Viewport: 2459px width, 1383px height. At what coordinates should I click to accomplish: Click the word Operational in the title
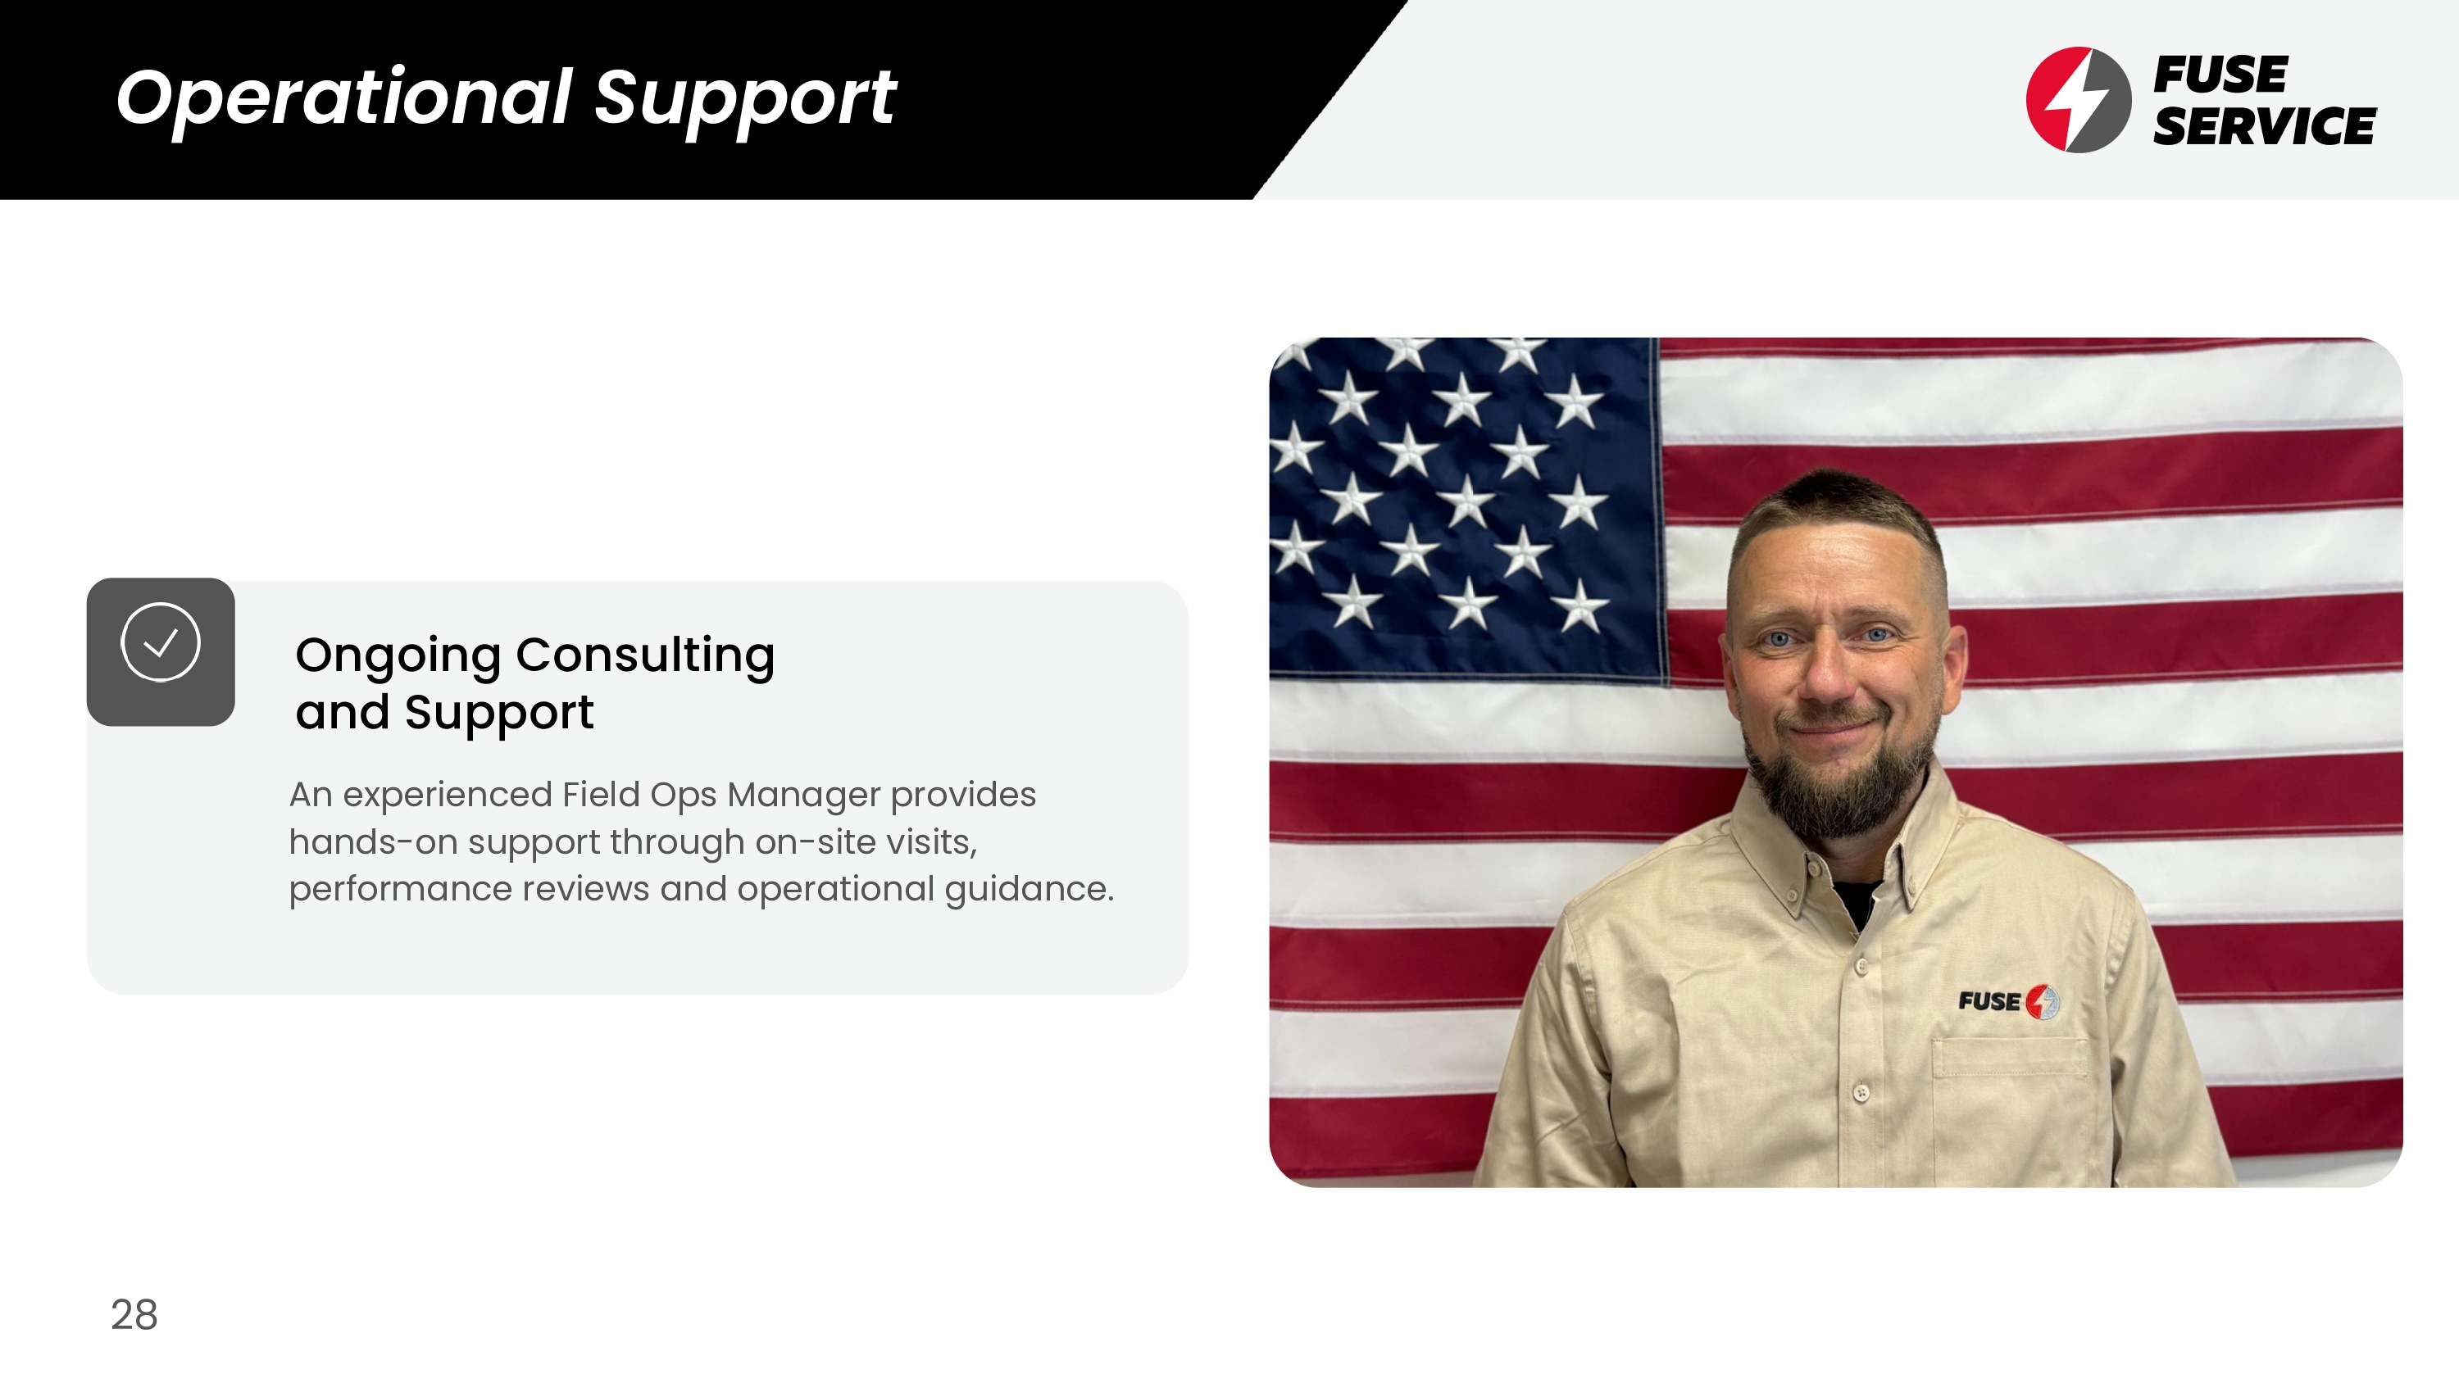(x=343, y=97)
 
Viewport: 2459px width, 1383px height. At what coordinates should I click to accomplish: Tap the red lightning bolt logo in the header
(x=2078, y=99)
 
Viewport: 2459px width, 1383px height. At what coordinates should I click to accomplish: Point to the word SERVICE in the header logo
(x=2264, y=126)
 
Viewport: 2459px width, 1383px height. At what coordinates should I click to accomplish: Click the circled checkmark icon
(x=161, y=642)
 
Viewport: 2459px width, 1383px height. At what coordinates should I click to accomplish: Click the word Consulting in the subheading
(x=645, y=655)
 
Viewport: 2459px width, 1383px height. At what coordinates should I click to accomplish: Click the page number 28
(x=134, y=1314)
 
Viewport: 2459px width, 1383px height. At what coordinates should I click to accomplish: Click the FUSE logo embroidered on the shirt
(x=2008, y=1001)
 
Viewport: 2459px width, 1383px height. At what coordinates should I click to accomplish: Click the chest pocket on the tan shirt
(x=2009, y=1107)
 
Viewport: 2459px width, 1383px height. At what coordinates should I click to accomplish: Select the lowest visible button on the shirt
(x=1861, y=1093)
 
